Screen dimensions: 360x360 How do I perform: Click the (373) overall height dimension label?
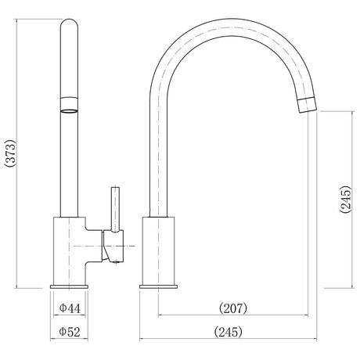pos(10,153)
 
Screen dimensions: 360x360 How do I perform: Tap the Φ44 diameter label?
pos(70,308)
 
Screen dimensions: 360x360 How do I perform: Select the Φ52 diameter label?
pos(70,332)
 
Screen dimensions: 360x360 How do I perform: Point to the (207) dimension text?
pos(233,308)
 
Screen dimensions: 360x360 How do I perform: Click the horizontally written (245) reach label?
pos(229,332)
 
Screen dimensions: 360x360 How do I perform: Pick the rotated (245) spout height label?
pos(346,200)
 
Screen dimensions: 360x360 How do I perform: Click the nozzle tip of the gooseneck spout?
pos(308,105)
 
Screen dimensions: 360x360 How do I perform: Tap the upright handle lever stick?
pos(115,209)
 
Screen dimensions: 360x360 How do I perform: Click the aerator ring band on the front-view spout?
pos(69,105)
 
